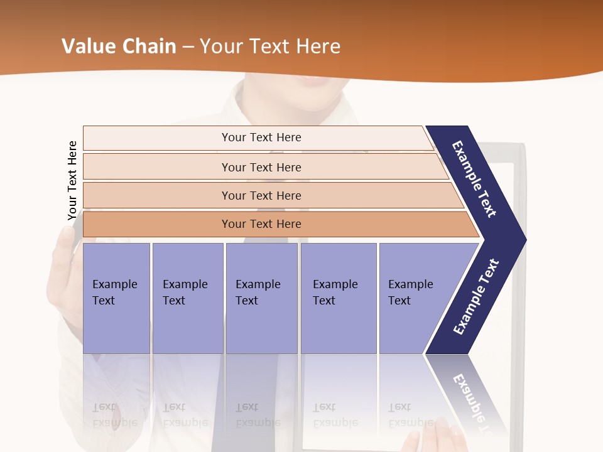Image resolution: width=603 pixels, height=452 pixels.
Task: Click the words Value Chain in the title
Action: (x=119, y=46)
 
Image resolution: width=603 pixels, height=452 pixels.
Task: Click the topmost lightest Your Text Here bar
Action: (x=261, y=137)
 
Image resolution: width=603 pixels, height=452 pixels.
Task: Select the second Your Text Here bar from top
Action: (x=261, y=167)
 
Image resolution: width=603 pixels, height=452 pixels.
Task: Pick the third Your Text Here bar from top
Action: (x=261, y=195)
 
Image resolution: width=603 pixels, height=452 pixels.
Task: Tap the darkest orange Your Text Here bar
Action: (x=261, y=224)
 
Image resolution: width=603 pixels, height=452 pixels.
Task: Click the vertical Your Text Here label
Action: (x=72, y=180)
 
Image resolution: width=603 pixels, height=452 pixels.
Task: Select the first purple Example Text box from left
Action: (x=116, y=298)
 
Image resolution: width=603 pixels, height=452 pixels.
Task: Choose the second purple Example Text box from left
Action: (x=187, y=298)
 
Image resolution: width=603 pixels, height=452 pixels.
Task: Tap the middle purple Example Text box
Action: (x=261, y=298)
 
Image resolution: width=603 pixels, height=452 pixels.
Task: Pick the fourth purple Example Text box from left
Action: (x=338, y=298)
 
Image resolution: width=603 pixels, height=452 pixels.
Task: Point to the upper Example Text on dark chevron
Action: (x=474, y=179)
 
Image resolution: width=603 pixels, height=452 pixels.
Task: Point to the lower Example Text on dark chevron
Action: (x=475, y=297)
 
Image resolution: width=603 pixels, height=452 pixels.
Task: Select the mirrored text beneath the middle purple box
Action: (x=258, y=414)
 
